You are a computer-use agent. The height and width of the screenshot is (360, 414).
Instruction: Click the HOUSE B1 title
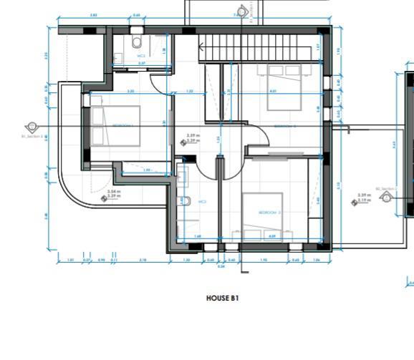tap(222, 298)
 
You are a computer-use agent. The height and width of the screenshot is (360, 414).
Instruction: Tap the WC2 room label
tap(142, 55)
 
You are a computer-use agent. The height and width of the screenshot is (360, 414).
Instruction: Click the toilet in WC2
tap(136, 42)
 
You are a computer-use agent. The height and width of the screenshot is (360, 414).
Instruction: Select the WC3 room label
tap(203, 202)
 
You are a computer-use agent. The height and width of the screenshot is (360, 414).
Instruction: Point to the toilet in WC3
tap(184, 201)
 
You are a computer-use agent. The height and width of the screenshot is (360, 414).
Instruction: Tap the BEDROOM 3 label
tap(266, 213)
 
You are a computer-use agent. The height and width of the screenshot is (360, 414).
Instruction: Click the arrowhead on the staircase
tap(201, 48)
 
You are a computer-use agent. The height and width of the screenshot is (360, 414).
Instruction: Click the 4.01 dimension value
tap(274, 92)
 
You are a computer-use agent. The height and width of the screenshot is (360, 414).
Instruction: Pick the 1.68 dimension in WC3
tap(197, 235)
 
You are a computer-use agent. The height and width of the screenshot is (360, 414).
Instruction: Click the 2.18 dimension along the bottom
tap(143, 260)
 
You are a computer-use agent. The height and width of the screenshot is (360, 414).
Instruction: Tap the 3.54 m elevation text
tap(113, 191)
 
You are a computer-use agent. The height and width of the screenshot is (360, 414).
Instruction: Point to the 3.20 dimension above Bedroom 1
tap(130, 92)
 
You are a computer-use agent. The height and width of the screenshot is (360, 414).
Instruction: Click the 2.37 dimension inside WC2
tap(142, 63)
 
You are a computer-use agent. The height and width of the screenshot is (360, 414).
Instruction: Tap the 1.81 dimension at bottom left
tap(70, 260)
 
